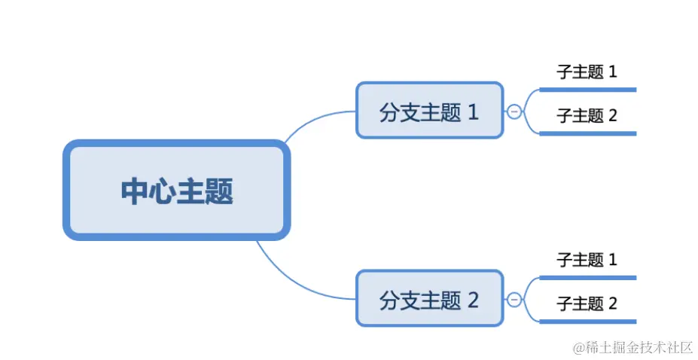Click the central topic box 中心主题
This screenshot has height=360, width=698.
pyautogui.click(x=176, y=191)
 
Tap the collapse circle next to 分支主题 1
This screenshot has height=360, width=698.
pyautogui.click(x=514, y=111)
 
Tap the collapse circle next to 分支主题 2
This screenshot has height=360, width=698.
pyautogui.click(x=514, y=299)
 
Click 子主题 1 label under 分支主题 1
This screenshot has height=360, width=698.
pyautogui.click(x=587, y=72)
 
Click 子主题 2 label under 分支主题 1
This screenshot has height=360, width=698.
pyautogui.click(x=587, y=116)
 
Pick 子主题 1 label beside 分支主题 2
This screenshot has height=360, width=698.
pyautogui.click(x=587, y=260)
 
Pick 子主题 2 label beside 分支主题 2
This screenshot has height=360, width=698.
pyautogui.click(x=587, y=304)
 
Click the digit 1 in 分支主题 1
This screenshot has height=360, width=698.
pyautogui.click(x=474, y=113)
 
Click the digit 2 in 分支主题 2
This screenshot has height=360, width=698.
pyautogui.click(x=474, y=300)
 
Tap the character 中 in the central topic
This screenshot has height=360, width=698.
pyautogui.click(x=134, y=191)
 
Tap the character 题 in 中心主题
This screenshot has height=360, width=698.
pyautogui.click(x=219, y=191)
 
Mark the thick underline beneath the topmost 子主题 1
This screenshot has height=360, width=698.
pyautogui.click(x=588, y=90)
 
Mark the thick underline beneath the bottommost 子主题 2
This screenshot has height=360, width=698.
pyautogui.click(x=588, y=322)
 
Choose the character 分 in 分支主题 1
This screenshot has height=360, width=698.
pyautogui.click(x=389, y=113)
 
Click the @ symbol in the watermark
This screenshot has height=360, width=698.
pyautogui.click(x=579, y=348)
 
